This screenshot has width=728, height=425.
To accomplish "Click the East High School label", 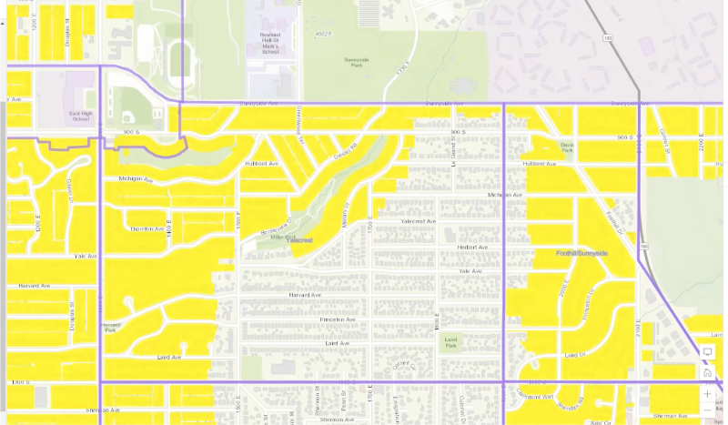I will (x=80, y=116).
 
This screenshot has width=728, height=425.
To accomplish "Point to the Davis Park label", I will (x=568, y=147).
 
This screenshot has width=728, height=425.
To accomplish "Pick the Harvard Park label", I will (x=111, y=327).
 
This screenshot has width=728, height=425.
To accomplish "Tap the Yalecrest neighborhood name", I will (x=300, y=240).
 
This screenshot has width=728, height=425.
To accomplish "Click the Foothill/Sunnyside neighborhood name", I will (x=581, y=252).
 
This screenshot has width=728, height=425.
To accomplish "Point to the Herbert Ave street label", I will (x=471, y=247).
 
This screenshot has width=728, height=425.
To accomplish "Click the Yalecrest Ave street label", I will (x=418, y=220).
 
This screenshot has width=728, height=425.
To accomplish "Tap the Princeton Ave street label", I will (x=337, y=319).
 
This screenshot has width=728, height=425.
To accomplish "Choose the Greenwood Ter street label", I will (x=298, y=121).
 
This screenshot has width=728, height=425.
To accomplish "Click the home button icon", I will (x=707, y=372).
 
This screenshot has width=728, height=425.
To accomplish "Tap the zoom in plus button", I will (x=707, y=394).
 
